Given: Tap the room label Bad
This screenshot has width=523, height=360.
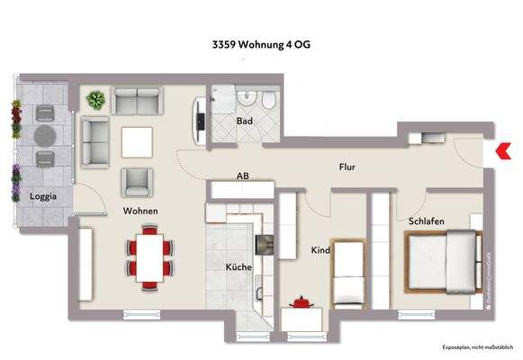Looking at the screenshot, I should coord(243,120).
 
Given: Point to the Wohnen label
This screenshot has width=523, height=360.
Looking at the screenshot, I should coord(140,211).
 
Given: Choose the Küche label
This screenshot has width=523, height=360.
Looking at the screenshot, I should coord(239,266).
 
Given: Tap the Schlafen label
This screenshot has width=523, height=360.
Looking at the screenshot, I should coord(426,221).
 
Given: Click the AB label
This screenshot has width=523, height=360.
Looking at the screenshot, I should coord(242,176).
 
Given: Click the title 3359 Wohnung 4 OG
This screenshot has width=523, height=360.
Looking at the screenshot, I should coord(262,41).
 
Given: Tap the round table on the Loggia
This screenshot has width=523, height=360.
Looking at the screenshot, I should coord(44,136).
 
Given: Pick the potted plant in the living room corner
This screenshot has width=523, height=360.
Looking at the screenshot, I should coord(95,99).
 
